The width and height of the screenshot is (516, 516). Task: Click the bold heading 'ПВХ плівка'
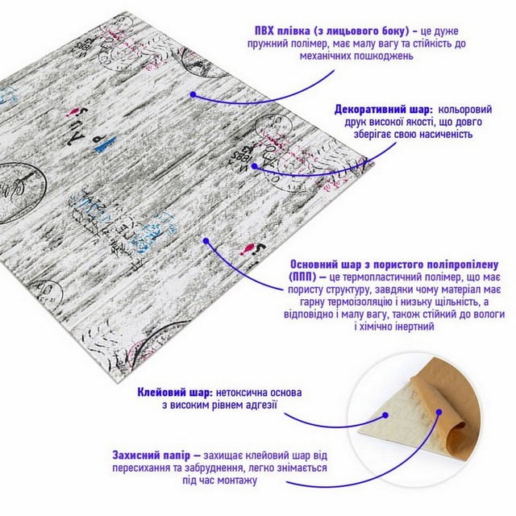pyautogui.click(x=281, y=31)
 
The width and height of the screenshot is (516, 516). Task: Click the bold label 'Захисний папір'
pyautogui.click(x=152, y=456)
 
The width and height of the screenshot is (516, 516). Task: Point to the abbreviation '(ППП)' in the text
pyautogui.click(x=303, y=277)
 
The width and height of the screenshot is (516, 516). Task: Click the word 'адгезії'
pyautogui.click(x=260, y=405)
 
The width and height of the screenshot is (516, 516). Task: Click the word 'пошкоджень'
pyautogui.click(x=384, y=56)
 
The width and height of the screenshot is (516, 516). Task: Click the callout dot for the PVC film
pyautogui.click(x=193, y=95)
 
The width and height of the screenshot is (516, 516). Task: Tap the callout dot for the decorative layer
pyautogui.click(x=255, y=166)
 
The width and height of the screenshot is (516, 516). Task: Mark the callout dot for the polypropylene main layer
pyautogui.click(x=206, y=241)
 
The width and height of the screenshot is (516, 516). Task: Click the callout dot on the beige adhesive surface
pyautogui.click(x=385, y=416)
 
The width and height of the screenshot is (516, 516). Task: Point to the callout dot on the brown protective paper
pyautogui.click(x=439, y=412)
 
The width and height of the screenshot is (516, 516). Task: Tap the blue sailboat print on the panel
pyautogui.click(x=106, y=144)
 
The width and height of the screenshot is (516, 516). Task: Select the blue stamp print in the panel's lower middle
pyautogui.click(x=152, y=233)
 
